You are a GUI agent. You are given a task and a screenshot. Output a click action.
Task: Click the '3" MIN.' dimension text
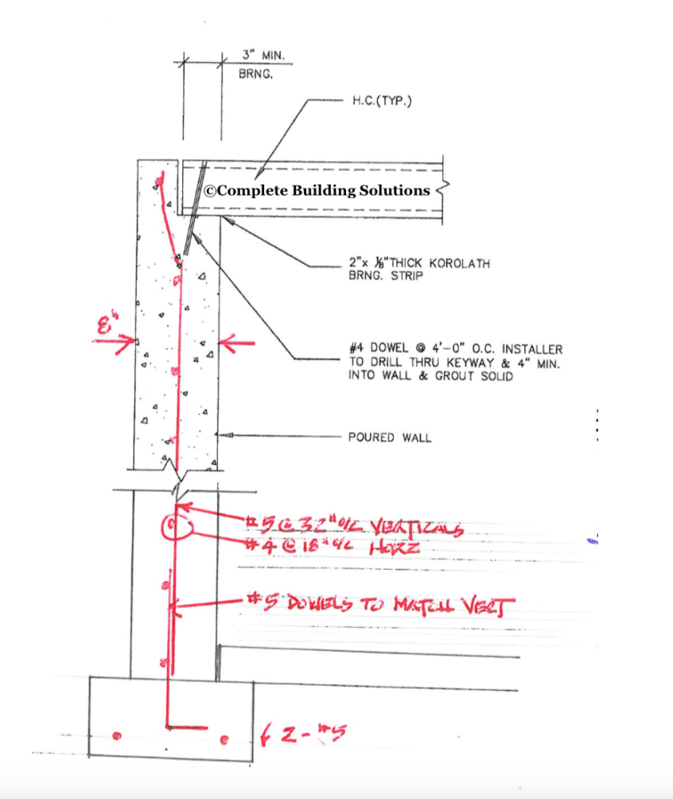(x=263, y=57)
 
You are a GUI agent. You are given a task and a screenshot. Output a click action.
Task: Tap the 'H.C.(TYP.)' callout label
(x=381, y=102)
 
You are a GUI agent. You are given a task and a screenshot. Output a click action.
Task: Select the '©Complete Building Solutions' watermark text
(x=317, y=190)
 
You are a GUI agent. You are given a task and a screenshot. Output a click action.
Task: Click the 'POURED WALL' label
(x=390, y=437)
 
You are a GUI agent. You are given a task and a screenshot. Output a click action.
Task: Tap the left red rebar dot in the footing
(x=118, y=735)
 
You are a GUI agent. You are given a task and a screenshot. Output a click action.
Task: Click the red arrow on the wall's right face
(x=237, y=343)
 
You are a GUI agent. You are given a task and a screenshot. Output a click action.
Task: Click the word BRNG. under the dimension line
(x=256, y=75)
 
